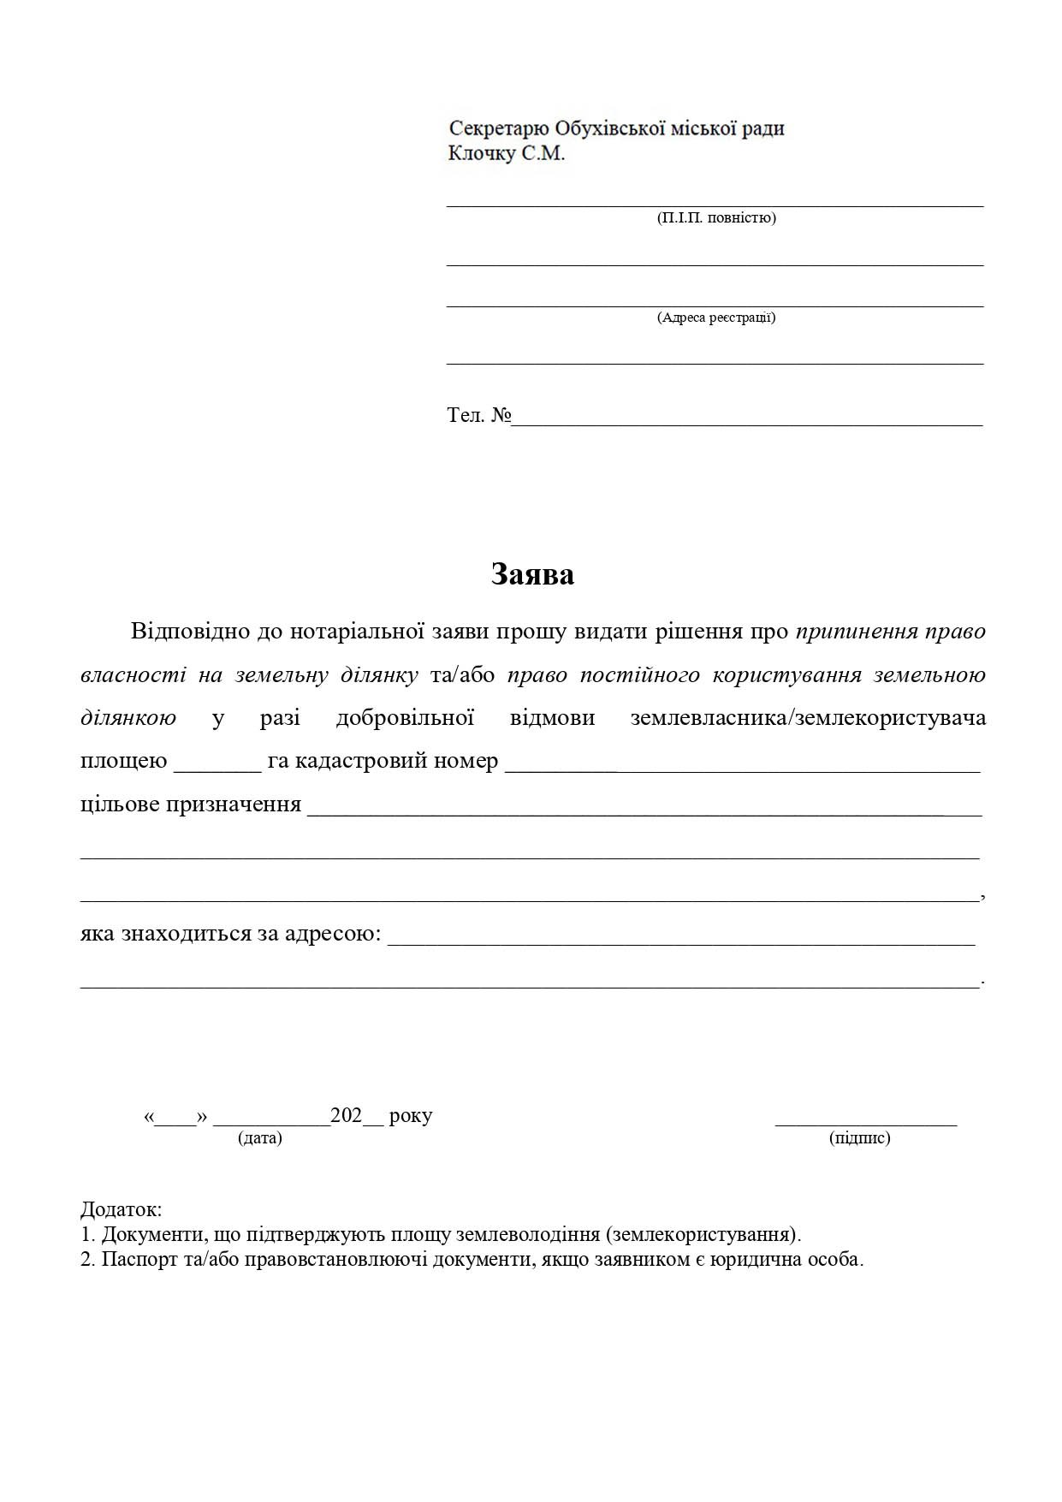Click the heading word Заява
pyautogui.click(x=532, y=574)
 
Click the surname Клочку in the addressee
pyautogui.click(x=482, y=154)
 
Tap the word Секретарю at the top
pyautogui.click(x=499, y=128)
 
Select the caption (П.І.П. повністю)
pyautogui.click(x=716, y=217)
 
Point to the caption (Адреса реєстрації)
pyautogui.click(x=716, y=318)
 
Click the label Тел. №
pyautogui.click(x=478, y=416)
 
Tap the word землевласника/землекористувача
pyautogui.click(x=808, y=717)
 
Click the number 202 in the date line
pyautogui.click(x=347, y=1116)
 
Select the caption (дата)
pyautogui.click(x=260, y=1138)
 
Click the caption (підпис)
pyautogui.click(x=860, y=1138)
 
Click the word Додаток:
pyautogui.click(x=121, y=1210)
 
